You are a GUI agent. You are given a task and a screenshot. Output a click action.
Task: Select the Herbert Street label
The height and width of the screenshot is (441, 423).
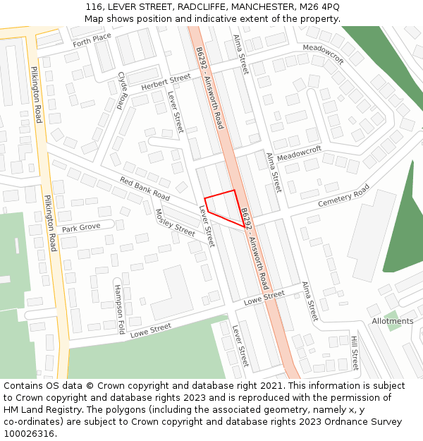pyautogui.click(x=166, y=82)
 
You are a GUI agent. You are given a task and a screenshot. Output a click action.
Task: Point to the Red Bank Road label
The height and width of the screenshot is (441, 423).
pyautogui.click(x=145, y=188)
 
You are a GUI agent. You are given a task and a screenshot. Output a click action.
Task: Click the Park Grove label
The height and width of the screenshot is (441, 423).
pyautogui.click(x=80, y=228)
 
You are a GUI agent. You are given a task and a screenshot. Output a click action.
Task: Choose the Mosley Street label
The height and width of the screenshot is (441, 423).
pyautogui.click(x=174, y=223)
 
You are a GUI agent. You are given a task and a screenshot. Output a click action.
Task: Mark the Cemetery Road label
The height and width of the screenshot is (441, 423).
pyautogui.click(x=343, y=195)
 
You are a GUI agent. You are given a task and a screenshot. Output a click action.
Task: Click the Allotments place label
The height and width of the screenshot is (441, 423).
pyautogui.click(x=393, y=321)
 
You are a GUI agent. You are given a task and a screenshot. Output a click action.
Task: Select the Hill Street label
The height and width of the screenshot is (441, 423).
pyautogui.click(x=355, y=353)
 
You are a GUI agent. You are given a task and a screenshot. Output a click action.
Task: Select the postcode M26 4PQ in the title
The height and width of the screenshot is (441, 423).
pyautogui.click(x=319, y=7)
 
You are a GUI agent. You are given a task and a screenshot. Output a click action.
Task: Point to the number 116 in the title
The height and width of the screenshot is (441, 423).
pyautogui.click(x=94, y=7)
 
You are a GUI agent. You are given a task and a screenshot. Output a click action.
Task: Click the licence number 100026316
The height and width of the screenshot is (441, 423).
pyautogui.click(x=30, y=434)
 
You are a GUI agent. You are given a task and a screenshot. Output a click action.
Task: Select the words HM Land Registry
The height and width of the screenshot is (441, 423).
pyautogui.click(x=41, y=410)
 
